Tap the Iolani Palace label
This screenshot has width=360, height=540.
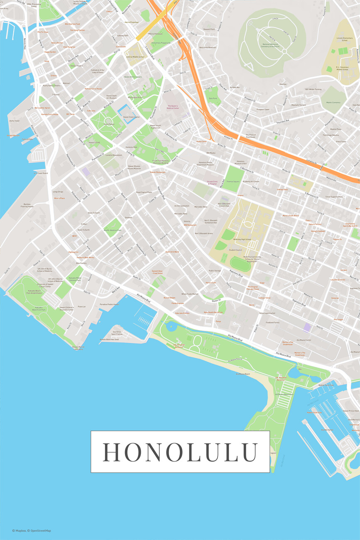click(x=109, y=124)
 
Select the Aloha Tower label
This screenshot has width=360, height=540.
click(x=15, y=121)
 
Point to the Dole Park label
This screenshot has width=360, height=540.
click(x=213, y=98)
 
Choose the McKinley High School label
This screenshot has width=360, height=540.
click(x=242, y=239)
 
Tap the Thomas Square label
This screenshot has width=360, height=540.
click(x=233, y=182)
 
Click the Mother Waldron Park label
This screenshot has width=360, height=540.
click(x=113, y=230)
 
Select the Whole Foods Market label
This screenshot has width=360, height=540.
click(x=190, y=294)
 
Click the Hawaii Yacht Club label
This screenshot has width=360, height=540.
click(x=314, y=412)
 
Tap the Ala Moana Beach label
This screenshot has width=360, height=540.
click(x=243, y=374)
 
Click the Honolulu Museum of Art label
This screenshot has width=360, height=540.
click(x=241, y=162)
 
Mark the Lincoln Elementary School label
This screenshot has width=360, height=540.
click(x=345, y=39)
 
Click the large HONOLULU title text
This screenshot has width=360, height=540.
click(x=180, y=452)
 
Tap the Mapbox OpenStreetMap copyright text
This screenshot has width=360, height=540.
click(x=32, y=530)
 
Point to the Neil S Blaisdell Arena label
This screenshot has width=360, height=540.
click(x=203, y=233)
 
